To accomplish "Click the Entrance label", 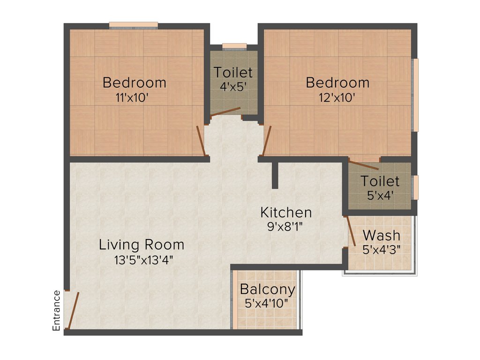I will pos(57,311).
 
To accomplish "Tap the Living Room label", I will pos(142,245).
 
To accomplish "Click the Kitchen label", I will pos(286,212).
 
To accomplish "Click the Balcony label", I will pos(267,289).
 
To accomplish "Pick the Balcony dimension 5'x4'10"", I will pos(267,303).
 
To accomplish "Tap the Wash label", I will pos(382,235).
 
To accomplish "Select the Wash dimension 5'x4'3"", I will pos(381,249).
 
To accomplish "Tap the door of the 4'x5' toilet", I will pos(225,112).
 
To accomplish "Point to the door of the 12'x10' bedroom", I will pos(266,140).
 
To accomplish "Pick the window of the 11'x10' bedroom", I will pos(134,25).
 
